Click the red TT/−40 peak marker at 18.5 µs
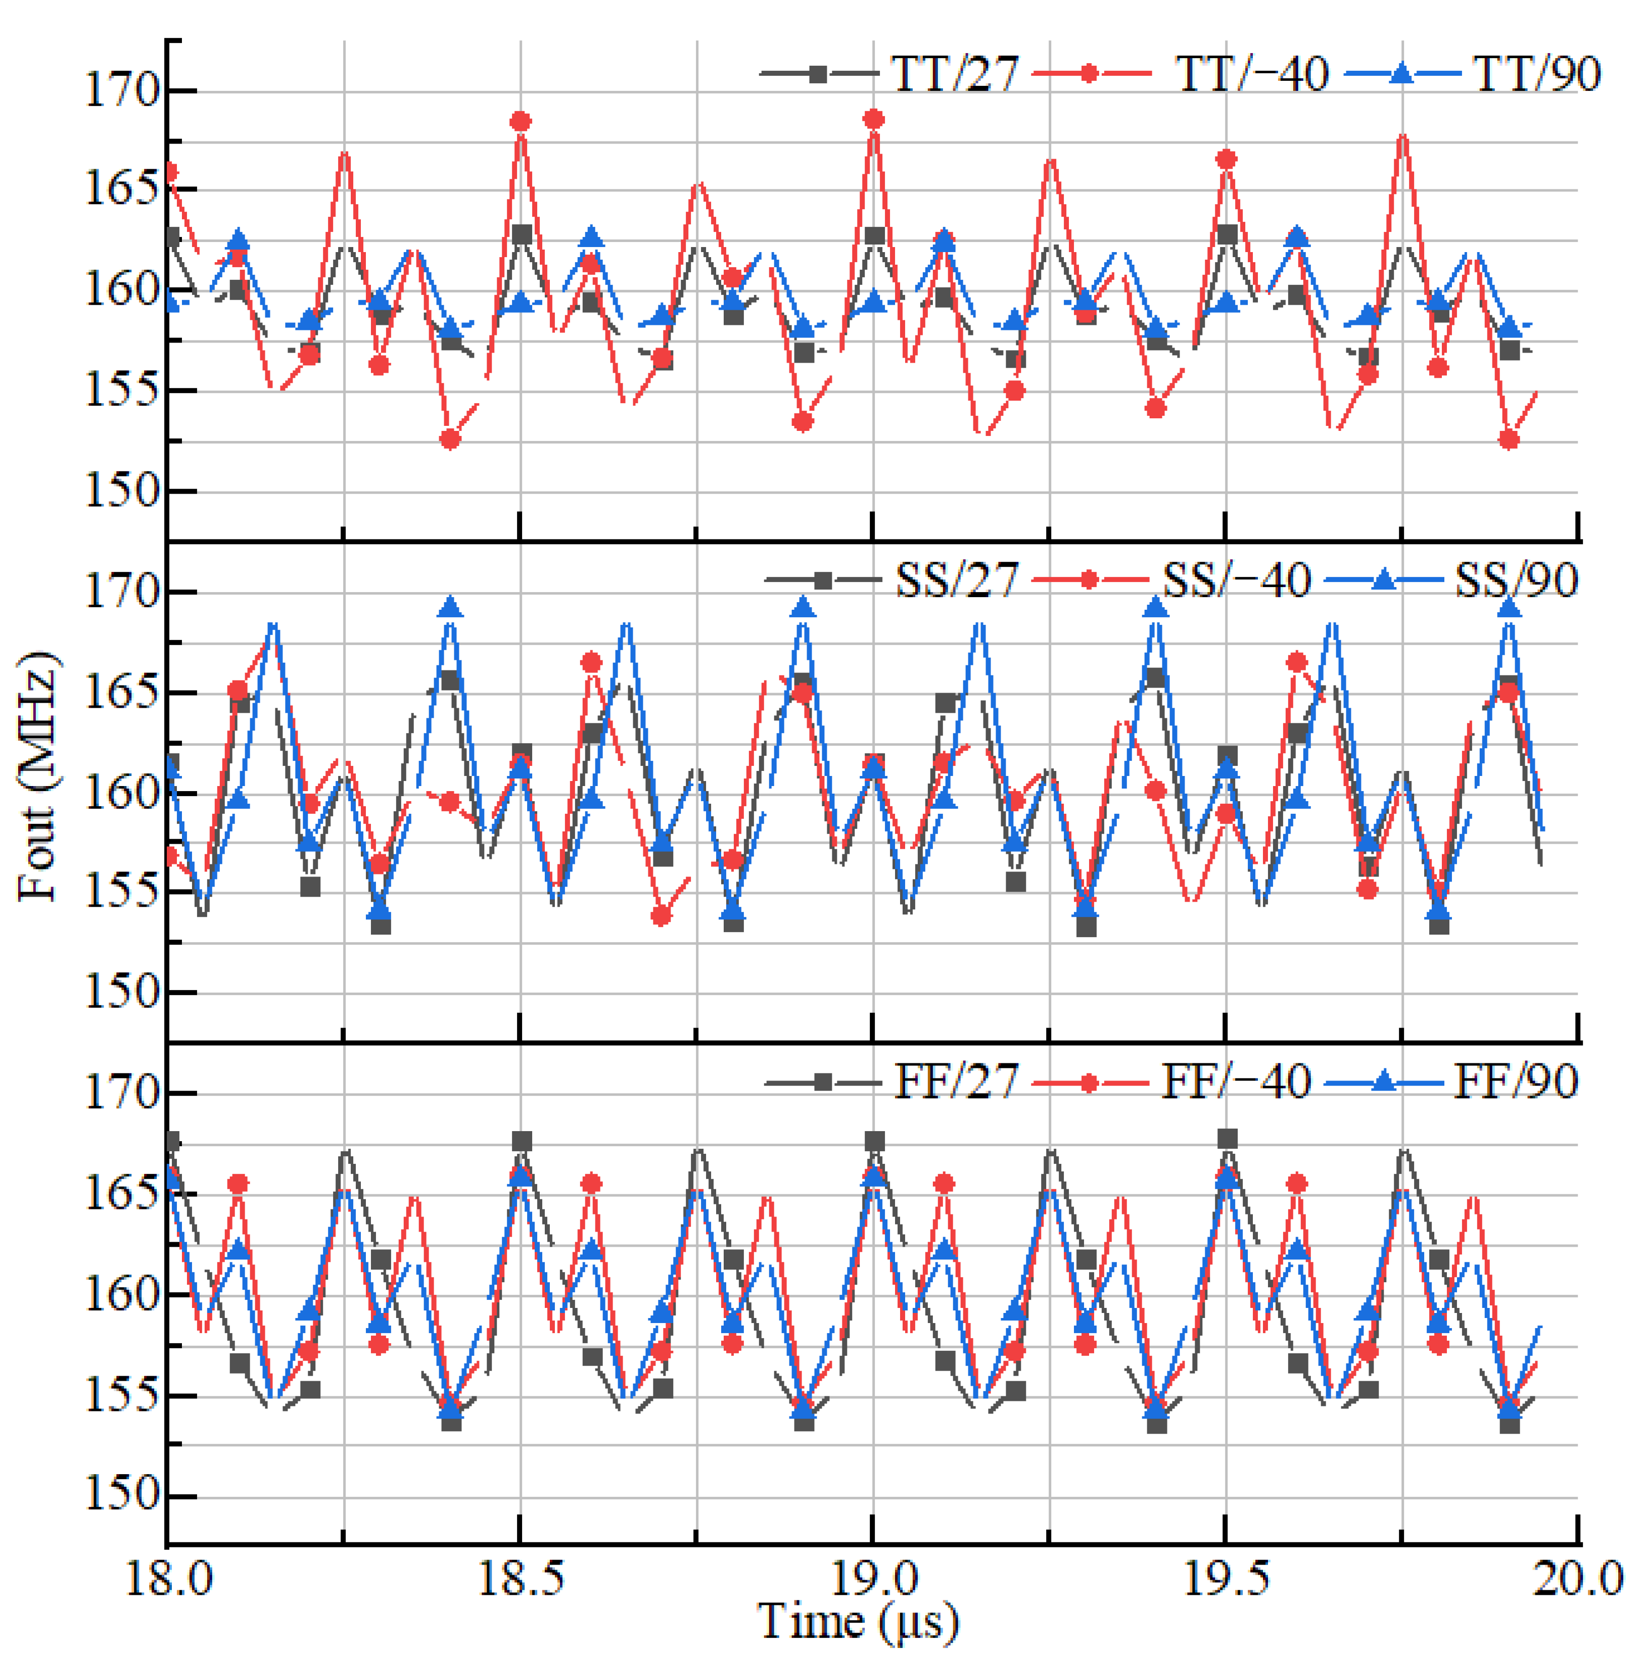point(520,122)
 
